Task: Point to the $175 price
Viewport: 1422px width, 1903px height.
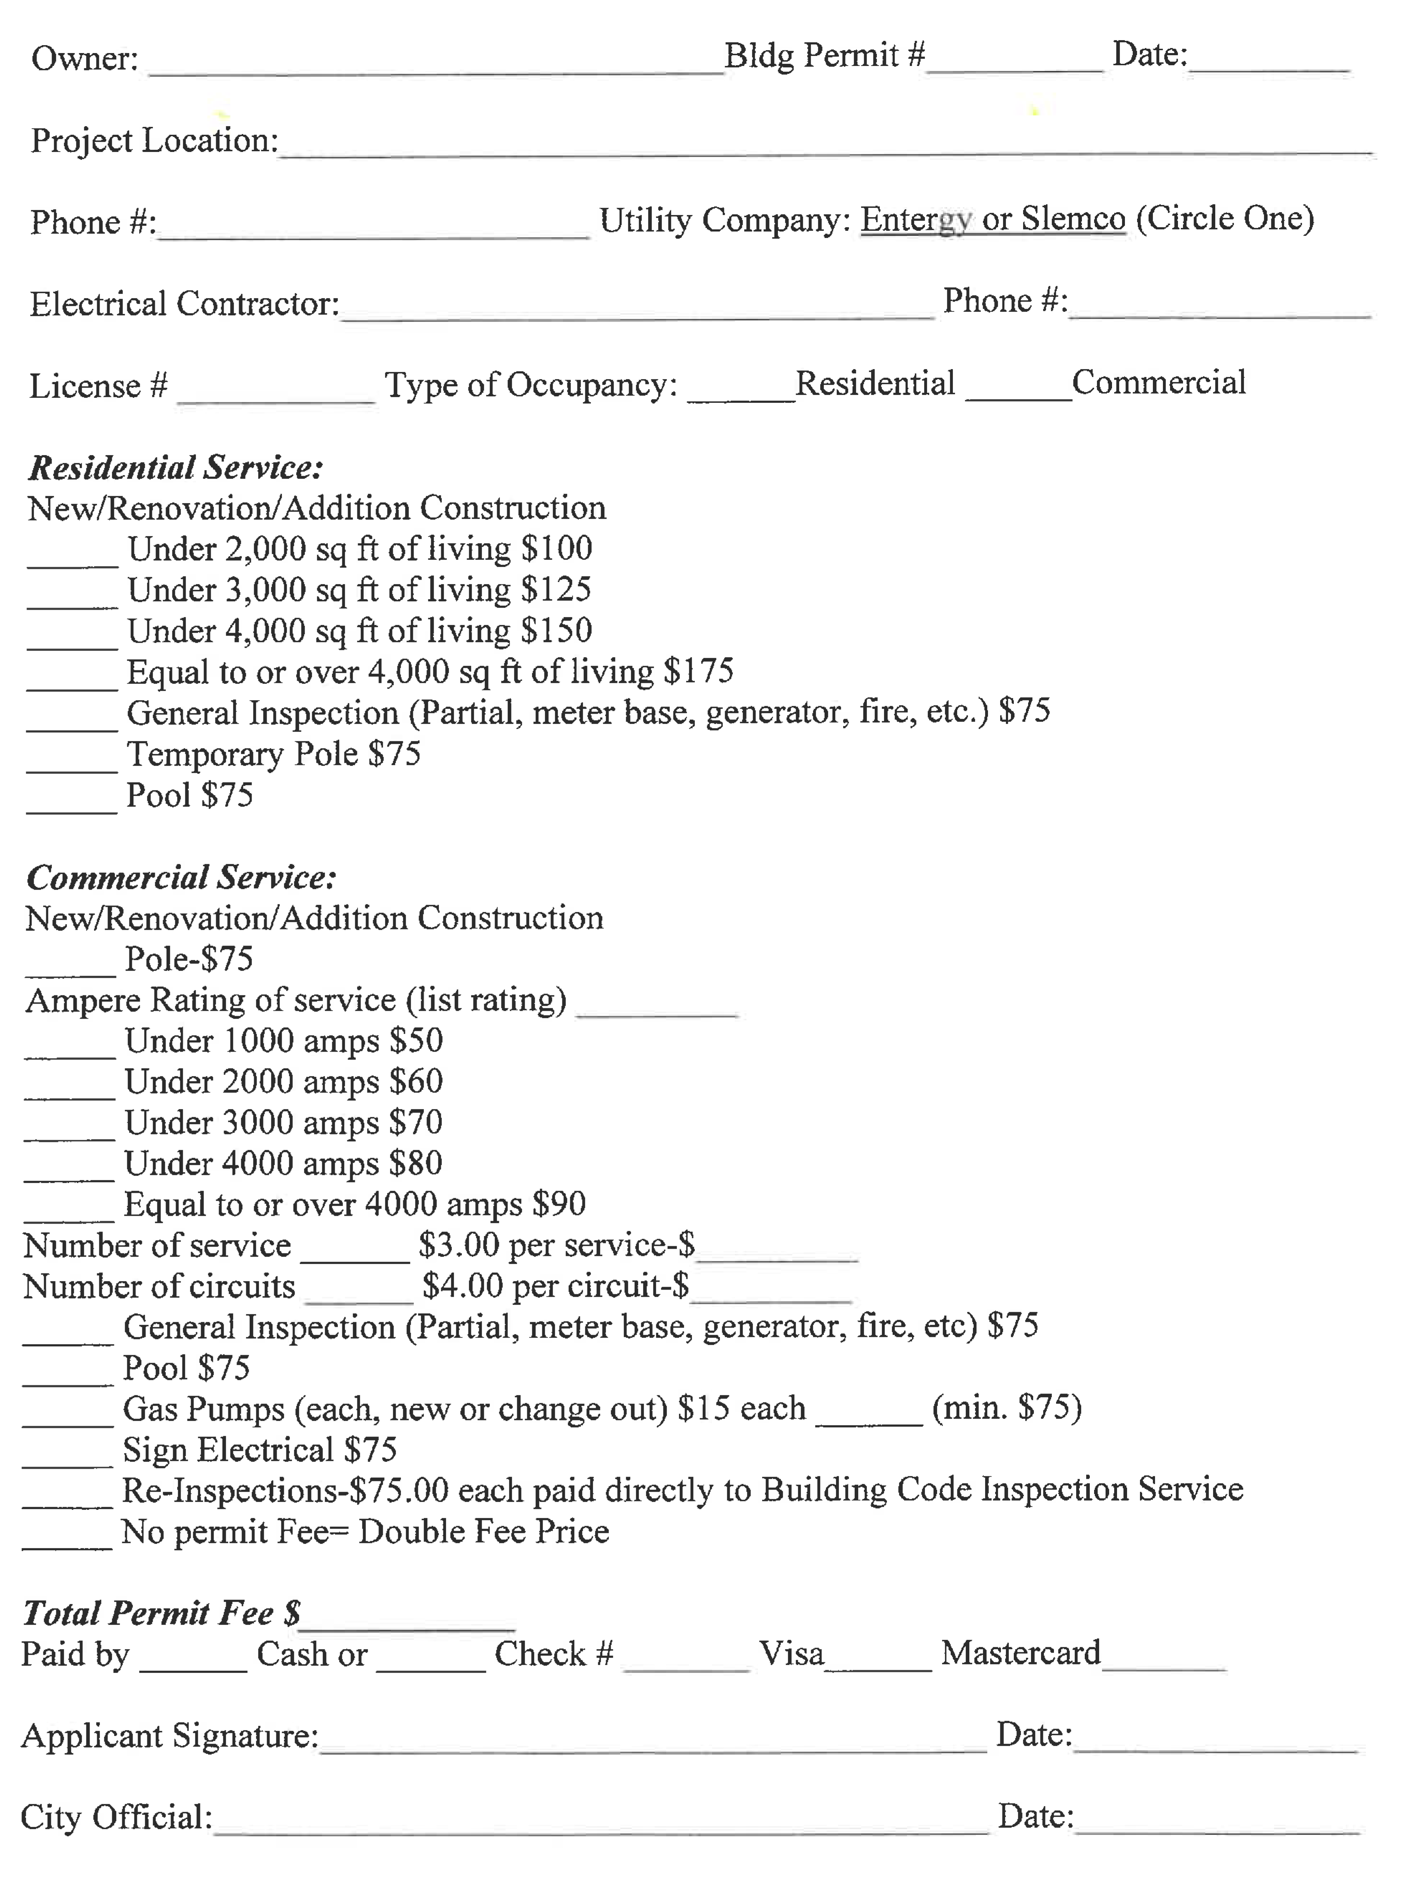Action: [698, 671]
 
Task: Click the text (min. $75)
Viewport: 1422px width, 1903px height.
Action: [1007, 1408]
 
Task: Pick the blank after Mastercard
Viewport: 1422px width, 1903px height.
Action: [1164, 1660]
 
